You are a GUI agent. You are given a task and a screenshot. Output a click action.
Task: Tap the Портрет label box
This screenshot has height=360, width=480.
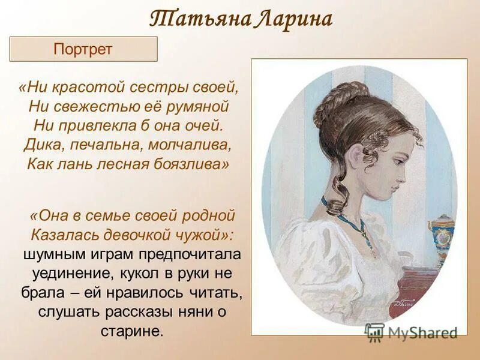pos(83,49)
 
